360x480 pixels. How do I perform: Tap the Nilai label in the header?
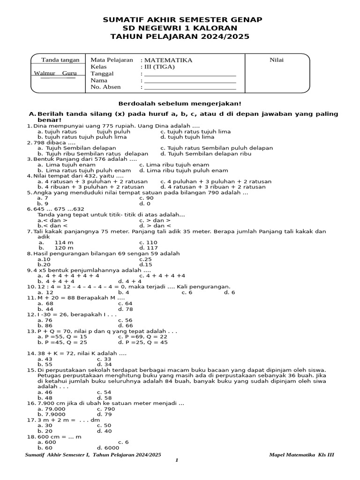pos(277,60)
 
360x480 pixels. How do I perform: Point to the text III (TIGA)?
pos(159,67)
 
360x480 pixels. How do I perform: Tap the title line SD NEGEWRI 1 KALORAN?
pos(180,28)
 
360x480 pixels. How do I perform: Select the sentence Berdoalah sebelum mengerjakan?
pos(180,103)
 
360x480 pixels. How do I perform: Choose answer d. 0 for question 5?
pos(145,204)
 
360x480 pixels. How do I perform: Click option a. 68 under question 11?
pos(45,303)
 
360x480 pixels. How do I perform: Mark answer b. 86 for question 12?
pos(45,325)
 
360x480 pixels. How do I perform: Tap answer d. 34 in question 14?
pos(104,364)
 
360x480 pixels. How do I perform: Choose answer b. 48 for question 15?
pos(45,397)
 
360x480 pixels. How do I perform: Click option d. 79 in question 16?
pos(104,414)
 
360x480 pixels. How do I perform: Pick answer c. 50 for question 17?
pos(104,425)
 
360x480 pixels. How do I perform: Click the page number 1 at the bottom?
pos(177,460)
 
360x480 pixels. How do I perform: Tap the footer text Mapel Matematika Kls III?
pos(302,455)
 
